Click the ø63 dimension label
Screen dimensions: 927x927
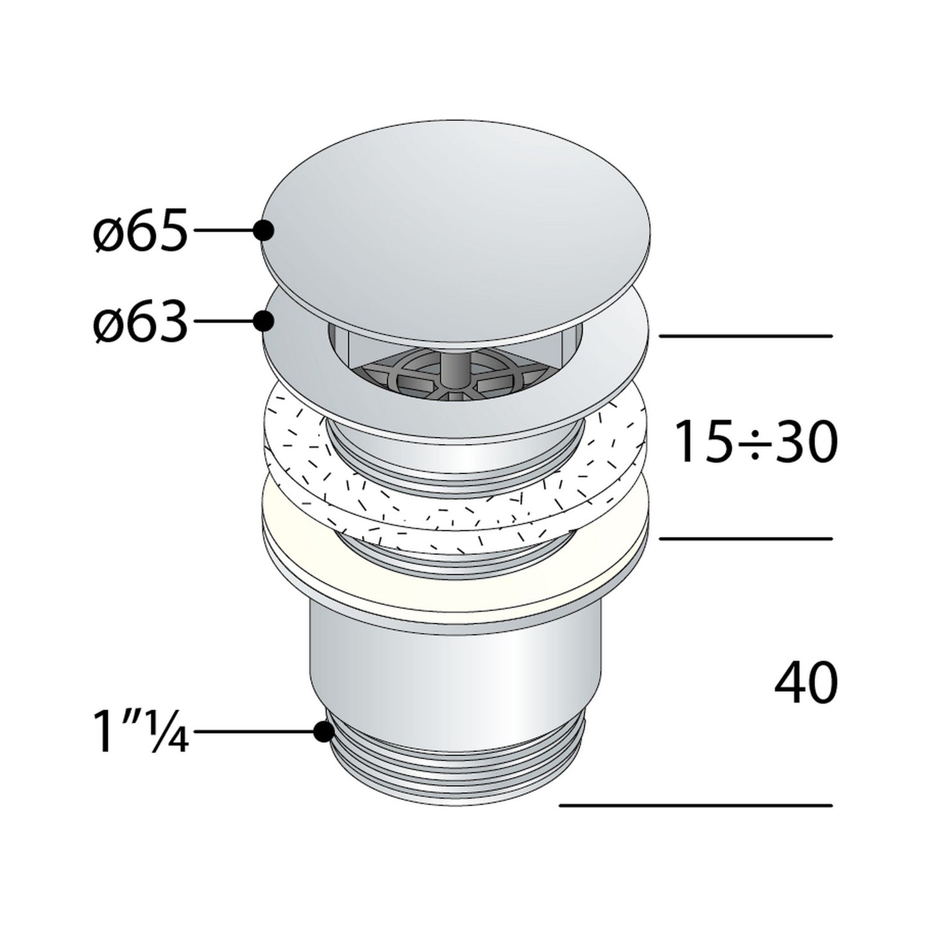139,321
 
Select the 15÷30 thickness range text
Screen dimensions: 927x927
757,441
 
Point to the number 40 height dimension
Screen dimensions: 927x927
806,684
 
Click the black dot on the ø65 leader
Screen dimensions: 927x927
263,230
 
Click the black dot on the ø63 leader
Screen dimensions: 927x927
263,321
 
